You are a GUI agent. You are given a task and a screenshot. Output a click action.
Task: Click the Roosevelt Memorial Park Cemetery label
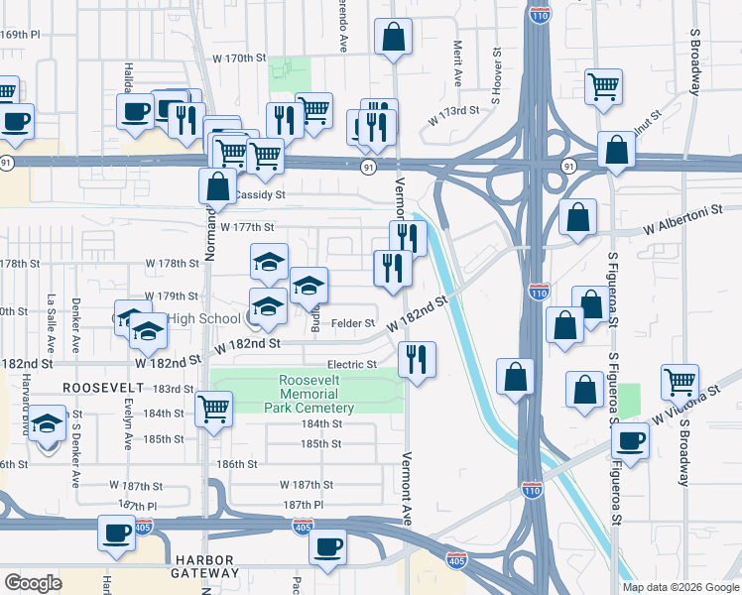(x=316, y=394)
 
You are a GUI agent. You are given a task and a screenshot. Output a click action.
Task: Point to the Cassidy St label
(x=261, y=195)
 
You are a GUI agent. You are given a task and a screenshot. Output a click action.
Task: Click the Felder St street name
(x=352, y=323)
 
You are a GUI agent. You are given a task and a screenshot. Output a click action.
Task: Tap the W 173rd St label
(x=453, y=117)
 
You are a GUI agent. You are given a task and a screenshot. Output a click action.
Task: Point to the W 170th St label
(x=240, y=59)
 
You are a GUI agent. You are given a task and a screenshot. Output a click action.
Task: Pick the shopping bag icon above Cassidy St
(x=217, y=185)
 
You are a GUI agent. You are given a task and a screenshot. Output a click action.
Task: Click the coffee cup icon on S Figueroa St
(x=630, y=441)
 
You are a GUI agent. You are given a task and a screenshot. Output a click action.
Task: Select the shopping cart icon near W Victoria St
(x=680, y=382)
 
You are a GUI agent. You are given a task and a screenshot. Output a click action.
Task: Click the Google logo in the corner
(x=33, y=582)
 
